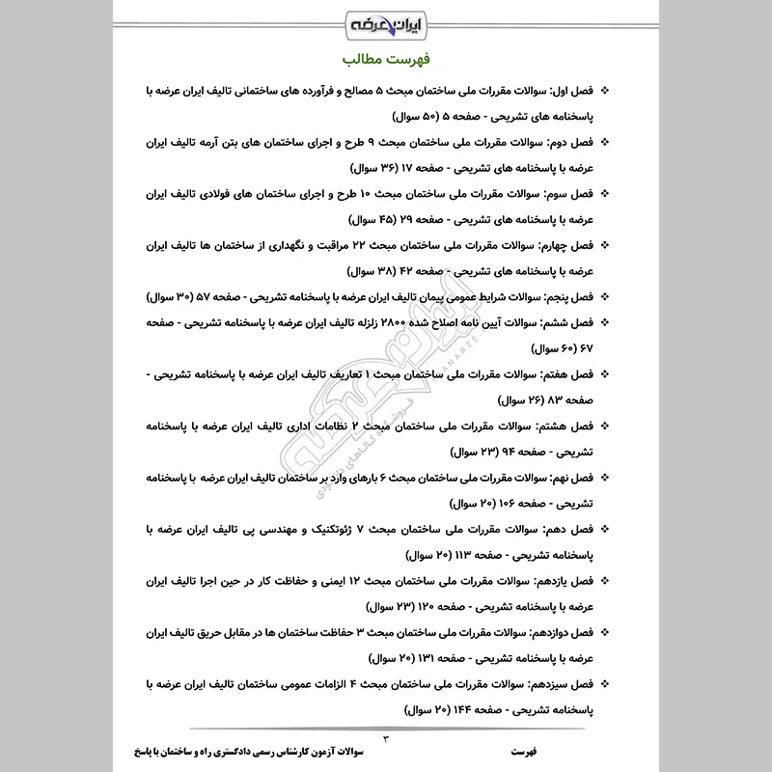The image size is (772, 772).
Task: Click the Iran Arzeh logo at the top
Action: pyautogui.click(x=385, y=20)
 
